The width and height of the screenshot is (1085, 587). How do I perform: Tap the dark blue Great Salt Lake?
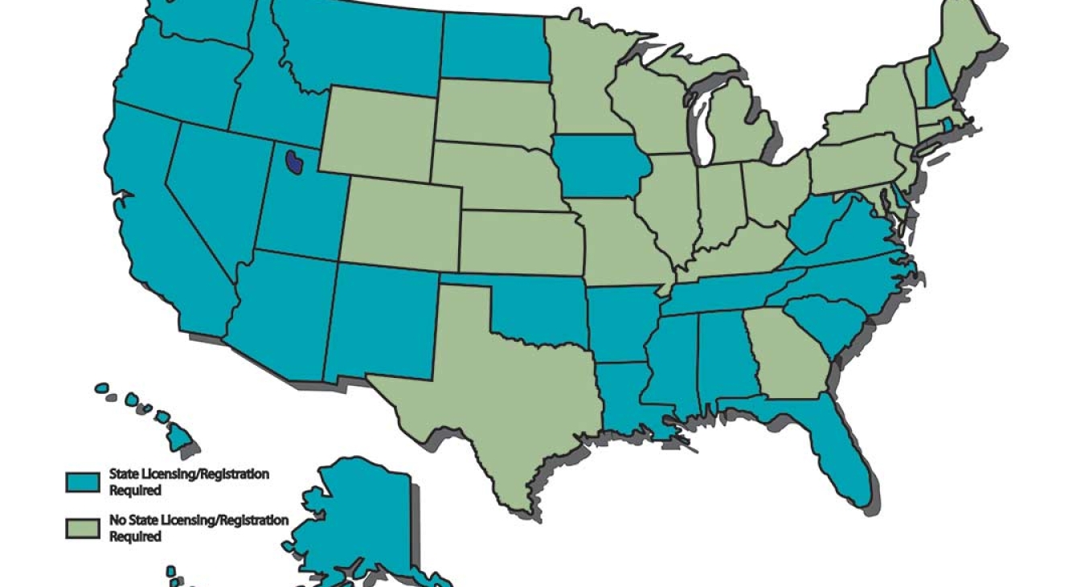pos(296,161)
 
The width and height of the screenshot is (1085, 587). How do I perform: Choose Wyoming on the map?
pos(378,133)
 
